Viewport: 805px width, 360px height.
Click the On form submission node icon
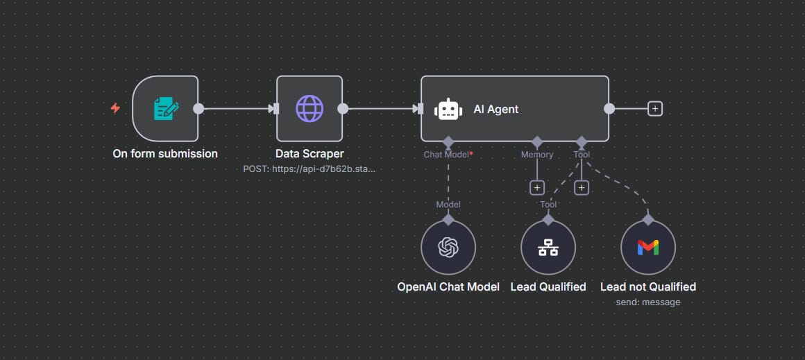click(165, 109)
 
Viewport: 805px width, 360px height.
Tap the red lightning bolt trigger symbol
click(116, 108)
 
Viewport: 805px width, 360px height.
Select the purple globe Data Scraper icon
click(310, 109)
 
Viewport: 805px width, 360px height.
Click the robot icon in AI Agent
click(448, 109)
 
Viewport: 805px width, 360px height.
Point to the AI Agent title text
click(495, 109)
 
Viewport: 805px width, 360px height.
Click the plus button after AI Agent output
click(654, 108)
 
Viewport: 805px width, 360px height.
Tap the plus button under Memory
click(536, 187)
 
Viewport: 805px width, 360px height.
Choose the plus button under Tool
click(582, 187)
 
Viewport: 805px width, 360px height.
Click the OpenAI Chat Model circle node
click(448, 248)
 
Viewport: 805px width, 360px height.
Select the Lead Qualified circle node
click(548, 248)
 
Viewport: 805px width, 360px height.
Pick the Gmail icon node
click(648, 248)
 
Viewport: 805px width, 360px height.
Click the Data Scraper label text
click(310, 153)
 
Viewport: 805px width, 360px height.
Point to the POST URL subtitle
click(310, 169)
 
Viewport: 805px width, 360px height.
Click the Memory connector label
click(537, 155)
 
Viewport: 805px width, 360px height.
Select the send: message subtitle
click(648, 302)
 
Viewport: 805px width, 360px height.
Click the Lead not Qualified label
click(648, 286)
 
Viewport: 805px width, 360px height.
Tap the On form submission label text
click(165, 153)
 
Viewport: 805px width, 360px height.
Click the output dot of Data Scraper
click(342, 108)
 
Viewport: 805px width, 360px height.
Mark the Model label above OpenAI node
click(448, 204)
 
